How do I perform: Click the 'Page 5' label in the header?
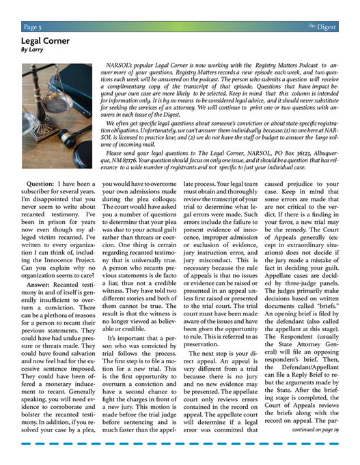tap(32, 27)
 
